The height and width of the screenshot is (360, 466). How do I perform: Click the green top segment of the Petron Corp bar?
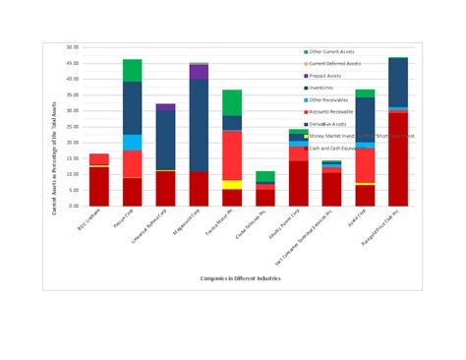[133, 70]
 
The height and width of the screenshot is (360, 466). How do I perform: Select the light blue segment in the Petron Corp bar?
[133, 143]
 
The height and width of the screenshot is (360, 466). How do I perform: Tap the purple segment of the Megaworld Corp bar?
[199, 72]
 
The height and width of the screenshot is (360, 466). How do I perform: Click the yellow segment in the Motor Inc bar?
[232, 184]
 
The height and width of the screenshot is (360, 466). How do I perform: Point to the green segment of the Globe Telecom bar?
[265, 176]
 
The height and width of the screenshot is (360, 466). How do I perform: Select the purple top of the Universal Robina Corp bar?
[165, 107]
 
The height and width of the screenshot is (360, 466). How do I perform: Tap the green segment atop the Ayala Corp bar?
[365, 93]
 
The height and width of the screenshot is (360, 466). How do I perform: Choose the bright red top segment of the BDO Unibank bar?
[99, 159]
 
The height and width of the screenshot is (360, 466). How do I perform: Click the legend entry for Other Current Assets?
[331, 51]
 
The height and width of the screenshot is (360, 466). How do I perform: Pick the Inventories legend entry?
[323, 88]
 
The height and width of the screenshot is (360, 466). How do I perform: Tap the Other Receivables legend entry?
[329, 99]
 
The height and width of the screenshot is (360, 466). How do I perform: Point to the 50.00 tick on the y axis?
[73, 46]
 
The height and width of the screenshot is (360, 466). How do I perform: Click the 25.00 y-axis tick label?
[73, 126]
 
